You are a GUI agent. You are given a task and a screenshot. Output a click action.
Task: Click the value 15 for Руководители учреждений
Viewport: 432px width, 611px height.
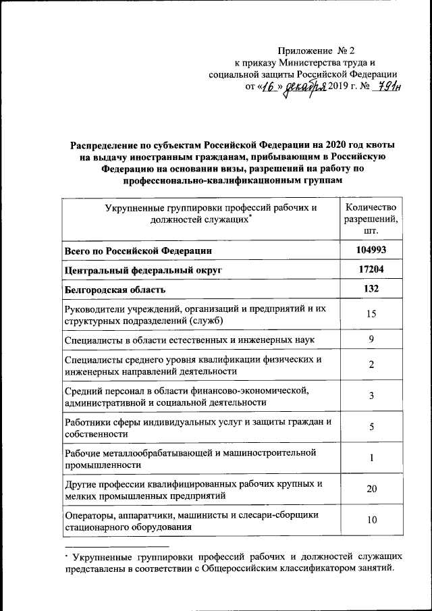371,314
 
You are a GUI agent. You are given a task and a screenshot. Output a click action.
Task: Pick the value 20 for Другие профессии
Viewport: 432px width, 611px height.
371,489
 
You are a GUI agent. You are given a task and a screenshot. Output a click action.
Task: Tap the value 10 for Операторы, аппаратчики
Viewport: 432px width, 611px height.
371,520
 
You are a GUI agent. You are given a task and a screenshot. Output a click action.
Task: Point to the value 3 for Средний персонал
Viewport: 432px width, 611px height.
371,396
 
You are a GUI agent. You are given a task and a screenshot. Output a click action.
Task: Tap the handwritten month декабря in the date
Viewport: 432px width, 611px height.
305,87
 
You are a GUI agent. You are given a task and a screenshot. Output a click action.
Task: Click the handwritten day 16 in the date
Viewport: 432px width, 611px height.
269,87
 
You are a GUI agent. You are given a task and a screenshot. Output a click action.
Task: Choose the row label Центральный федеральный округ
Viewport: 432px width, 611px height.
143,271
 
